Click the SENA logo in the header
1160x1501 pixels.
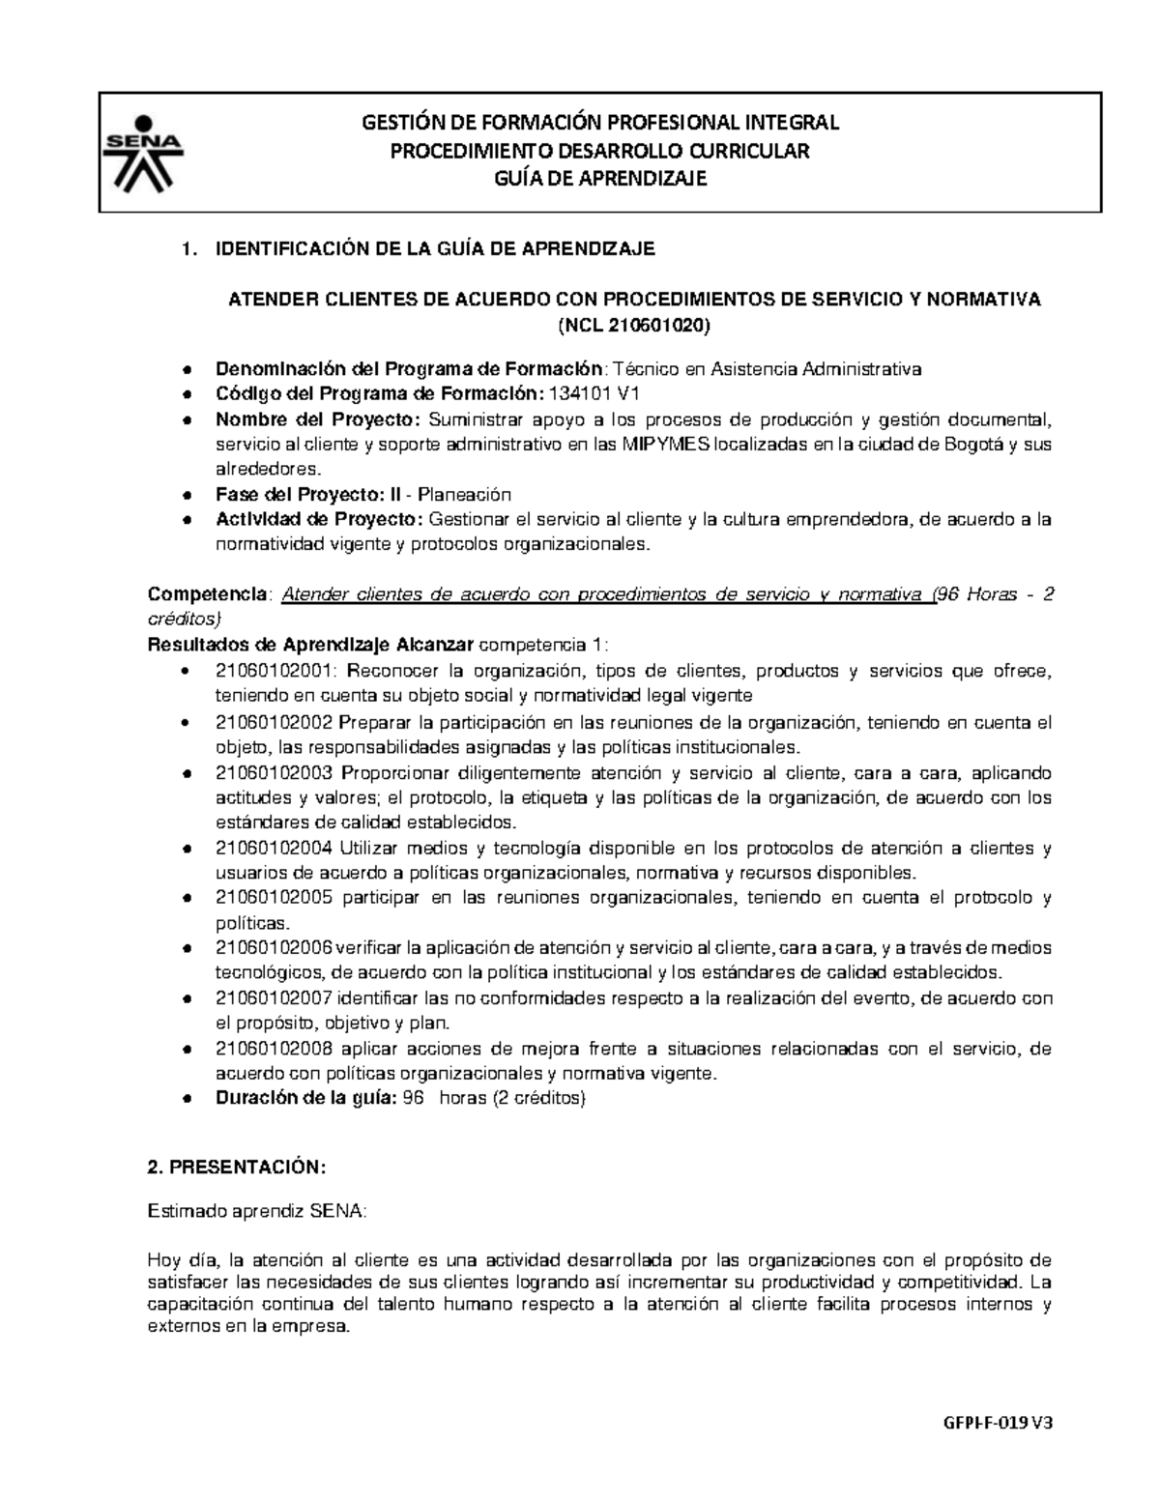click(142, 152)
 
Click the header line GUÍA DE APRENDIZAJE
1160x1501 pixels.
click(599, 179)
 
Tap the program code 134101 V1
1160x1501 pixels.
click(594, 394)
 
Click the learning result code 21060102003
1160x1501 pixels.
click(274, 773)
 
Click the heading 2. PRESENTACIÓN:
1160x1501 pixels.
click(237, 1168)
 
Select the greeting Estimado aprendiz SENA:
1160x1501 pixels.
click(257, 1212)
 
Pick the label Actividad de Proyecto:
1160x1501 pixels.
click(319, 520)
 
